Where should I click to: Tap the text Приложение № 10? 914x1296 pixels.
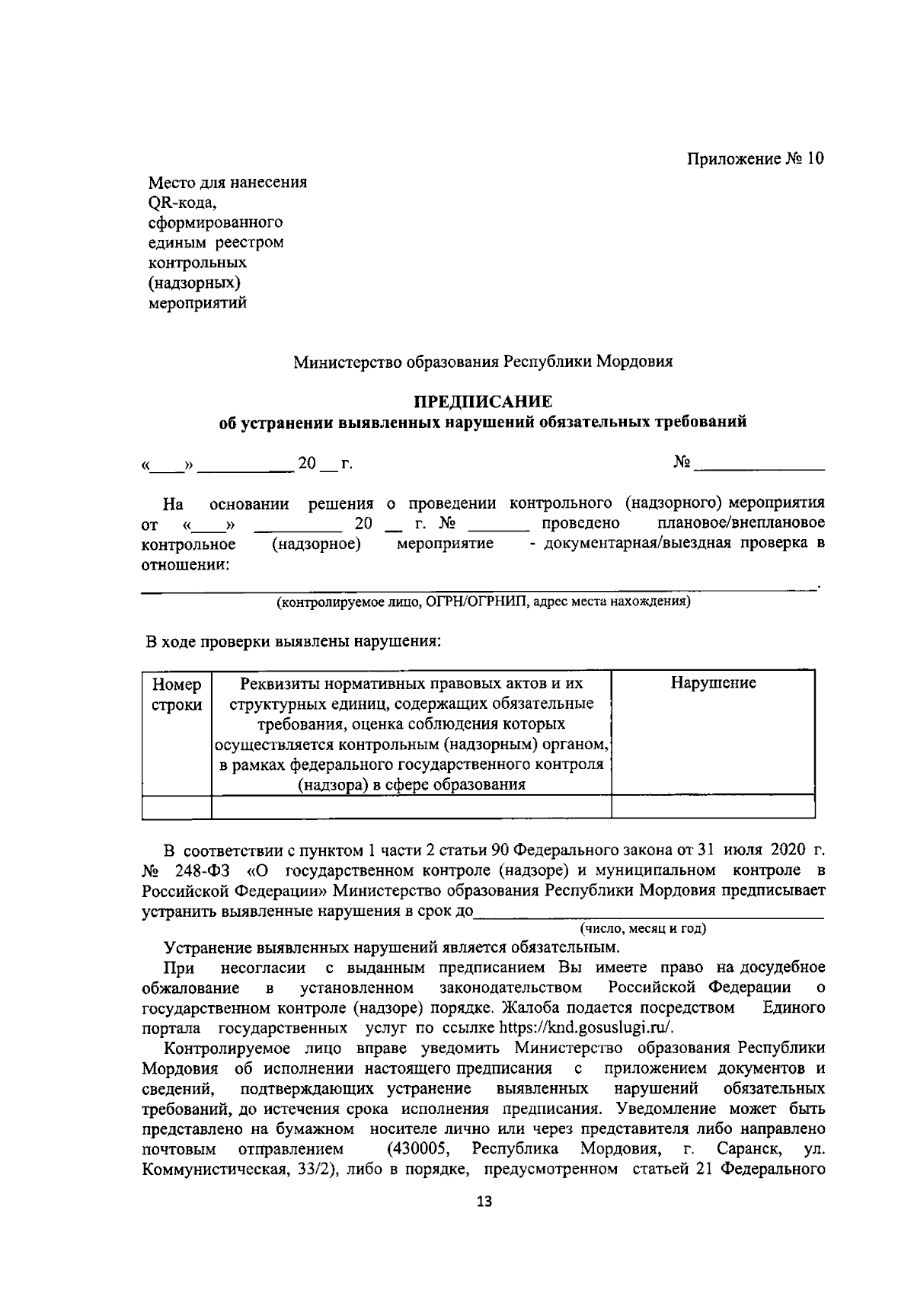756,159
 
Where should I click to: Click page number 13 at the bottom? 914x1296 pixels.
483,1202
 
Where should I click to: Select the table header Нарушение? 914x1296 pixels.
713,683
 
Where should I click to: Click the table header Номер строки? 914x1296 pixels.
177,694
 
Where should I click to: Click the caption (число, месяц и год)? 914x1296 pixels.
643,928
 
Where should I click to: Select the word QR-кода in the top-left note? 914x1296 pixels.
183,203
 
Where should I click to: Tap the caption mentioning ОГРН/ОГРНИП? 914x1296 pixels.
483,602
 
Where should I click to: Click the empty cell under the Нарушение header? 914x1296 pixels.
713,806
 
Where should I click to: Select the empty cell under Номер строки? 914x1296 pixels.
177,806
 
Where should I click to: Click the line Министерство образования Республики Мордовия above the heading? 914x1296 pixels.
483,362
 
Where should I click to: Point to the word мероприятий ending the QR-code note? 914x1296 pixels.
197,303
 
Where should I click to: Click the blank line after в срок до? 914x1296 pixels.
647,911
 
